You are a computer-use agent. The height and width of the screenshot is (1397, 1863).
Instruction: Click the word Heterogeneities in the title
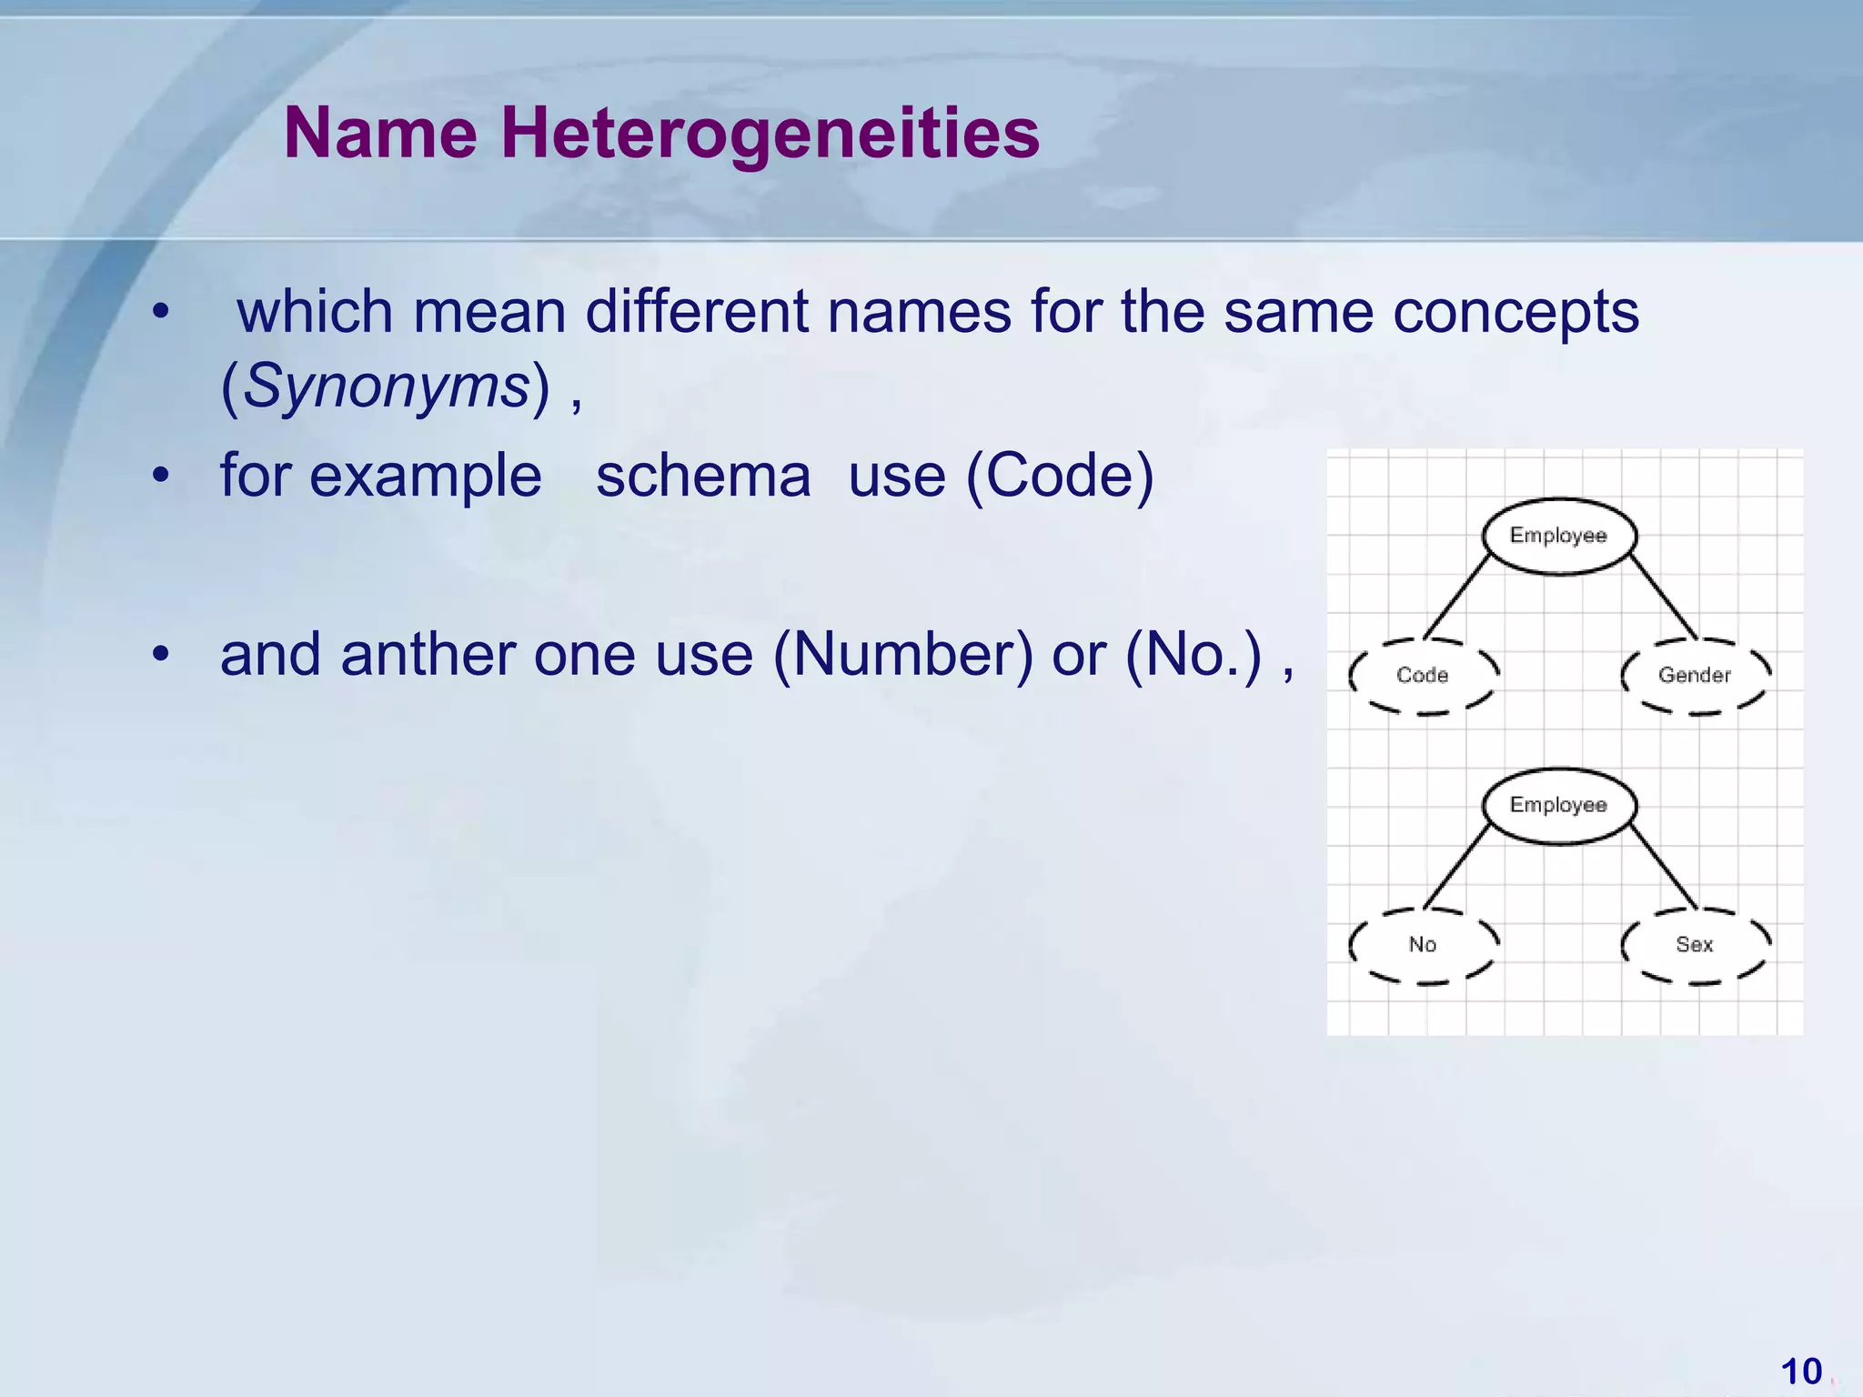click(770, 134)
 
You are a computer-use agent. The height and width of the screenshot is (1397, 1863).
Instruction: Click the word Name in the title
click(380, 134)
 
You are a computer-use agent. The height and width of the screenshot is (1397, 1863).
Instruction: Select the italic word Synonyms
click(386, 386)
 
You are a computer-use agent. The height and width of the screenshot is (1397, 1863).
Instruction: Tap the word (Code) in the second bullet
click(1059, 476)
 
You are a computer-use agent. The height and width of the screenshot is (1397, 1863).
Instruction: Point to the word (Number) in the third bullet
click(902, 654)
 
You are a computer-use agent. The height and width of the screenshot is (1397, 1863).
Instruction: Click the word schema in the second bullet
click(702, 476)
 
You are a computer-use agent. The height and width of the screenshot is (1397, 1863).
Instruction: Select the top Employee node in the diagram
click(1558, 536)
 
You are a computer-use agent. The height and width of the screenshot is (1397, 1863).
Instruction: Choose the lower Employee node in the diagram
click(1558, 805)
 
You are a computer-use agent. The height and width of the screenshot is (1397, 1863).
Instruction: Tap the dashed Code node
click(1423, 675)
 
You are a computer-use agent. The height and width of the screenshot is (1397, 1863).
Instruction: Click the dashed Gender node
click(1695, 675)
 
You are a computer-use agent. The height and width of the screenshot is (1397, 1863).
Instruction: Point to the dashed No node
click(1423, 944)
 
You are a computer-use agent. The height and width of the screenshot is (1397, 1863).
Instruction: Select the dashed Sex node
click(1695, 944)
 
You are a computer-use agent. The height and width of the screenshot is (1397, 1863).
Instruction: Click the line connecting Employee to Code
click(1457, 596)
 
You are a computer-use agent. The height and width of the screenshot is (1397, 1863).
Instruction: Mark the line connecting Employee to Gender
click(1663, 596)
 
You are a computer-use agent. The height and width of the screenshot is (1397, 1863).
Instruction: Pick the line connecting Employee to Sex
click(1663, 866)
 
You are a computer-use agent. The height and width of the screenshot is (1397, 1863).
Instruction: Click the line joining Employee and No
click(1457, 866)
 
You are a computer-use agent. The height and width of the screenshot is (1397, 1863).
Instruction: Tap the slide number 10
click(1800, 1372)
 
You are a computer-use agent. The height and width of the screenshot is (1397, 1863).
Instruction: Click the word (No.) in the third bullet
click(1193, 654)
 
